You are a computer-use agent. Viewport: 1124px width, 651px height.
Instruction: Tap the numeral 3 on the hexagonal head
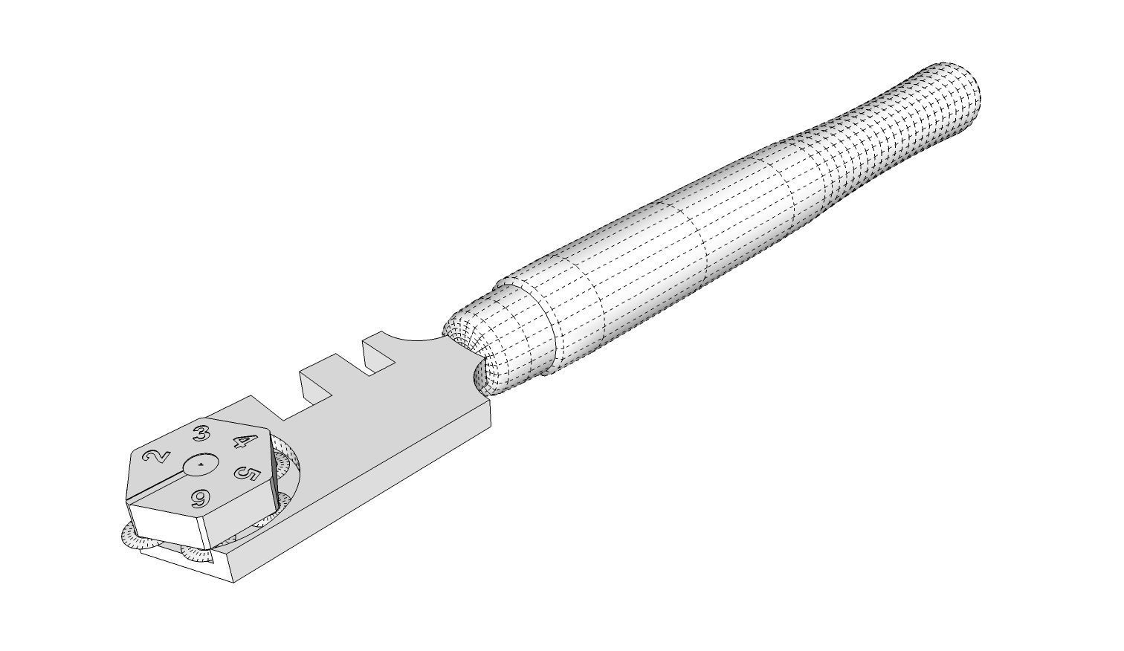click(x=200, y=434)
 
